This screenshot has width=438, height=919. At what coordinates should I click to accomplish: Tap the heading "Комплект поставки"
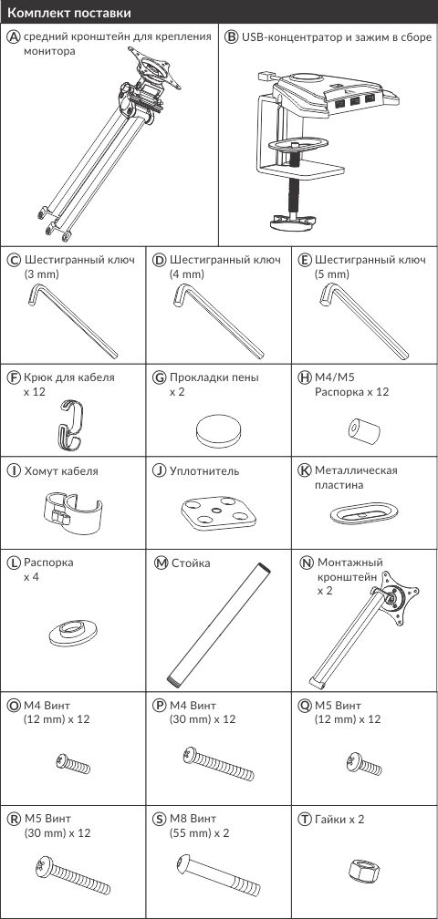tap(69, 13)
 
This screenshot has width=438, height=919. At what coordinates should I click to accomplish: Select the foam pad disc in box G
tap(217, 431)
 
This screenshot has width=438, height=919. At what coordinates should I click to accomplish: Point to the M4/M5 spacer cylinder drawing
tap(364, 430)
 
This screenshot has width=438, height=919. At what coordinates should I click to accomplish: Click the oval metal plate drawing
tap(364, 512)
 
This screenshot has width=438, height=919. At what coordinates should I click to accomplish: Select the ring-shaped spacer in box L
tap(73, 634)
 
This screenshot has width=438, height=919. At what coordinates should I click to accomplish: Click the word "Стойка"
tap(191, 563)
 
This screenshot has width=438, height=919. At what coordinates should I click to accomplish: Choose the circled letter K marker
tap(304, 470)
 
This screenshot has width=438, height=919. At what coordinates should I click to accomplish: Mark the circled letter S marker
tap(160, 819)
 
